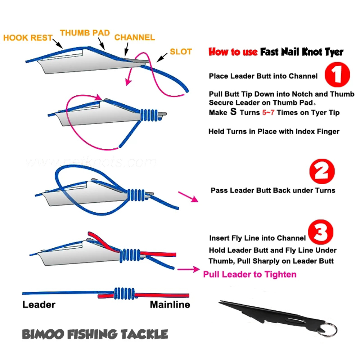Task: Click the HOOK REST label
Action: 28,38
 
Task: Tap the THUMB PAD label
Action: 85,33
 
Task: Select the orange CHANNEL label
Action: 135,37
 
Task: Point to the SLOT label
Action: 181,51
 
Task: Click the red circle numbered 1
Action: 337,75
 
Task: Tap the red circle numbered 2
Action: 322,171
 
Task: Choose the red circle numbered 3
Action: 320,232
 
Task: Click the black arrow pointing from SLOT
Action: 162,57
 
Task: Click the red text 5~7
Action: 268,112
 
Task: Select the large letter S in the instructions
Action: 233,112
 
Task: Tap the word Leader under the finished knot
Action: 39,305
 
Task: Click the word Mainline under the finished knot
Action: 170,305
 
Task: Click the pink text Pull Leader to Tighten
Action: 250,274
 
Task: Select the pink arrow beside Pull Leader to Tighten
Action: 189,269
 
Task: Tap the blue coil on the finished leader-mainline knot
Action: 124,293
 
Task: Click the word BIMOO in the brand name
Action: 43,334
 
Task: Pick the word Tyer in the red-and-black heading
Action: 334,52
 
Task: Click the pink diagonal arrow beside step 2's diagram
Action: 188,197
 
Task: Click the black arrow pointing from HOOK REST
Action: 58,44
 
